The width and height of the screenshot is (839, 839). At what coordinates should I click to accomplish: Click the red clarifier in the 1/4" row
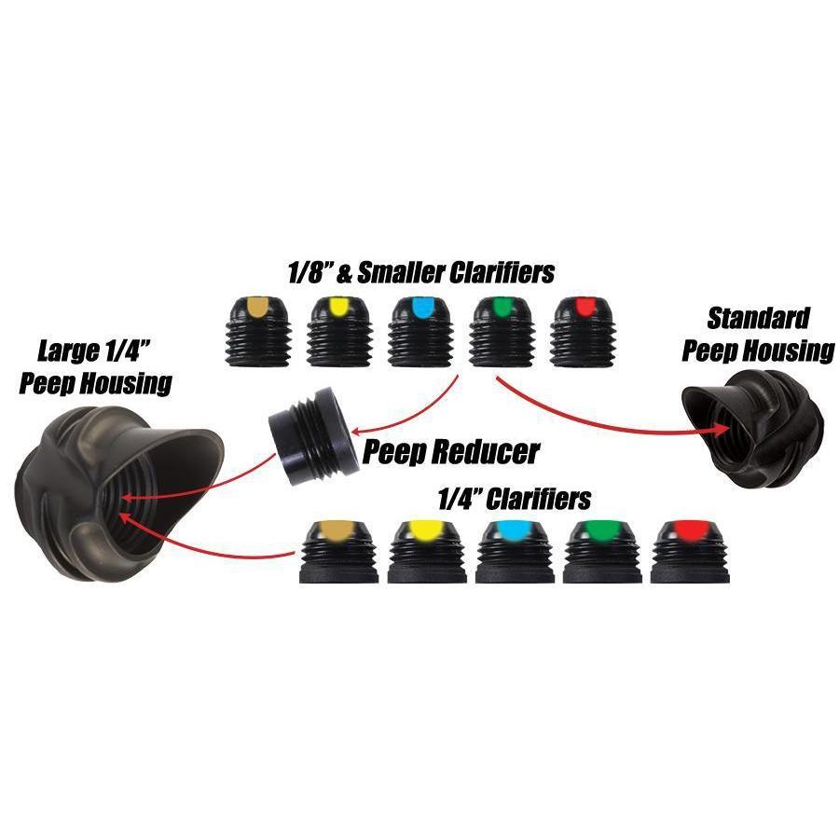[690, 551]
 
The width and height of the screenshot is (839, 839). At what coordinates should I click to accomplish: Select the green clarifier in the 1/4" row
[603, 551]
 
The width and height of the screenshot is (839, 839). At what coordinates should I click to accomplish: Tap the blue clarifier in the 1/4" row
[515, 551]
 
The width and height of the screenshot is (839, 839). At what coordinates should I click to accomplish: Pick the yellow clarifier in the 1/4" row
[427, 551]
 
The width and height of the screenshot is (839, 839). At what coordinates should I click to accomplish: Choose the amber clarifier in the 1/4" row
[338, 551]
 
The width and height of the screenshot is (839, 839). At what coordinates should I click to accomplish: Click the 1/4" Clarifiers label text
[514, 498]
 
